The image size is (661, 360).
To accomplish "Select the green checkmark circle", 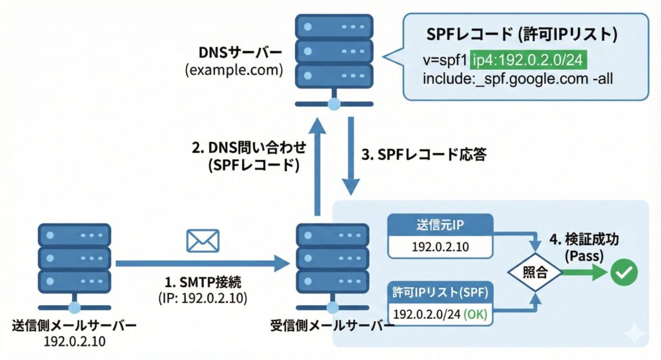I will [624, 272].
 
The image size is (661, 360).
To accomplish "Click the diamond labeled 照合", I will [535, 272].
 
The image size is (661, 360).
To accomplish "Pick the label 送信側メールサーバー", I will [74, 326].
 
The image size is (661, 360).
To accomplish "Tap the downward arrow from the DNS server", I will [351, 155].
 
